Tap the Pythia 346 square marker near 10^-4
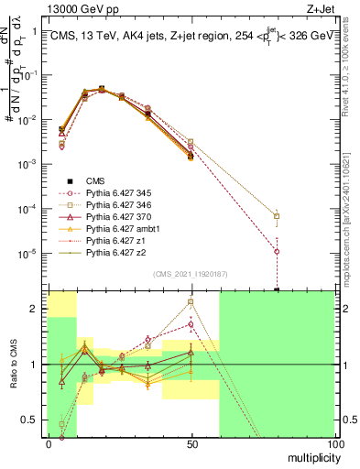(x=277, y=217)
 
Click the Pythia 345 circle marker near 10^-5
(x=277, y=251)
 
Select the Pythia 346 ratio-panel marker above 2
(x=191, y=301)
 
